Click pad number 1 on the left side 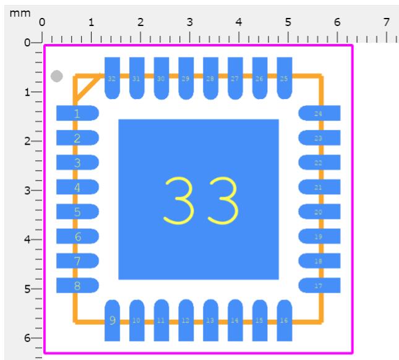77,113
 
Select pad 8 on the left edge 77,285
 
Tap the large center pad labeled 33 199,199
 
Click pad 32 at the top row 112,78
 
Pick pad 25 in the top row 285,78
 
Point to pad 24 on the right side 319,113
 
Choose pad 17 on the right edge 319,285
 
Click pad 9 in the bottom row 112,320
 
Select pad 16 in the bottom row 285,320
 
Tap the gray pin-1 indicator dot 56,76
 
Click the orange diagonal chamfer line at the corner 87,90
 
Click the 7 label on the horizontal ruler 387,23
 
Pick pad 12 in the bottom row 186,320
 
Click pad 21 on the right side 319,187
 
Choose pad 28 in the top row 210,78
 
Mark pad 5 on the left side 77,212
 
